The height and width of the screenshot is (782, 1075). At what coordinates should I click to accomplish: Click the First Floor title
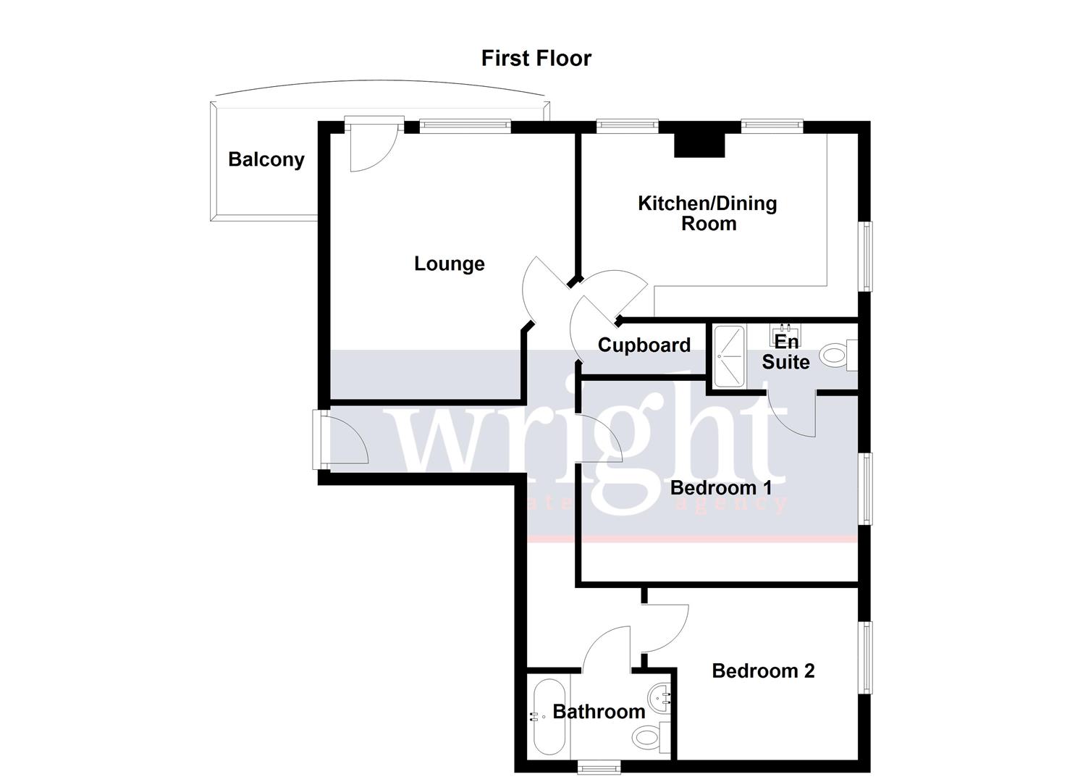[536, 58]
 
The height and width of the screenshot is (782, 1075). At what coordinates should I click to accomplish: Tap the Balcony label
[266, 159]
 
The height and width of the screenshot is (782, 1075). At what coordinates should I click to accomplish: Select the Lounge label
[449, 264]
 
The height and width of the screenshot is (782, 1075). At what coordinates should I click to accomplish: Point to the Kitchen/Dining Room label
[707, 213]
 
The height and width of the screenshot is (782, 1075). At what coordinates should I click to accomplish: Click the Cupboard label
[644, 345]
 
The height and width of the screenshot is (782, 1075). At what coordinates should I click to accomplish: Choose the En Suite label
[785, 352]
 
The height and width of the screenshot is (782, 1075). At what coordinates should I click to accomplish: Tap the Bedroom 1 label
[720, 487]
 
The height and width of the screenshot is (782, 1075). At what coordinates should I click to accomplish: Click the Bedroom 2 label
[763, 671]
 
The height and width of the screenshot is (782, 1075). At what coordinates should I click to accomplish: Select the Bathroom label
[599, 712]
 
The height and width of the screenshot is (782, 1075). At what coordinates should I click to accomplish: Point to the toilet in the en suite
[838, 355]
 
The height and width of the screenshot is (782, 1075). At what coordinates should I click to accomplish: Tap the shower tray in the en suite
[728, 356]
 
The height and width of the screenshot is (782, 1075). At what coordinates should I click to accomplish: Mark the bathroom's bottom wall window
[599, 766]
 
